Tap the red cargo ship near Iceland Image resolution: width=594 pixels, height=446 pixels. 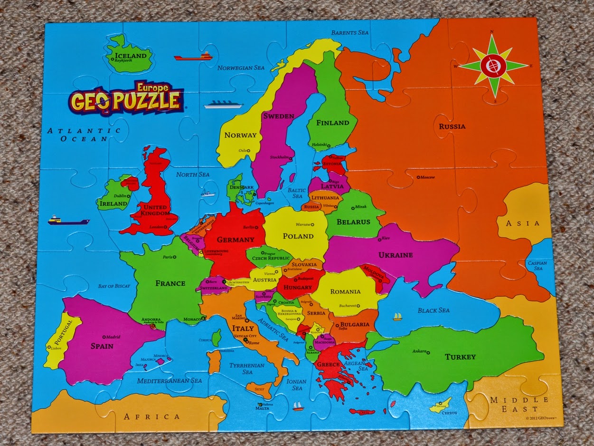[x=193, y=57]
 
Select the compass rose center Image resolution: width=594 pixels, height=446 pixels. [x=493, y=66]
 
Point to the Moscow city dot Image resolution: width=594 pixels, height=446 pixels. [x=418, y=177]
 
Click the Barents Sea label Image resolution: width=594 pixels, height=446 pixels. [x=349, y=33]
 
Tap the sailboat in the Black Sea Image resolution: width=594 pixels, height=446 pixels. [x=397, y=317]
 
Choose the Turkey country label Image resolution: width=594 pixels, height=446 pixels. [x=460, y=357]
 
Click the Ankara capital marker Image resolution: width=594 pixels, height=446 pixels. [x=428, y=352]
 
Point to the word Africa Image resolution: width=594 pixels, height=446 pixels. [x=152, y=417]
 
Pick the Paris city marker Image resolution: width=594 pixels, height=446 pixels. [x=175, y=257]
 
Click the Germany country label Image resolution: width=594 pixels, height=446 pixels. [x=236, y=240]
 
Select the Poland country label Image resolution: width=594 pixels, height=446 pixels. [x=298, y=236]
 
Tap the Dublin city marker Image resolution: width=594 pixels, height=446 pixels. [x=129, y=195]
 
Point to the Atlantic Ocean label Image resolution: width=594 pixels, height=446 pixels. [x=84, y=135]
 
